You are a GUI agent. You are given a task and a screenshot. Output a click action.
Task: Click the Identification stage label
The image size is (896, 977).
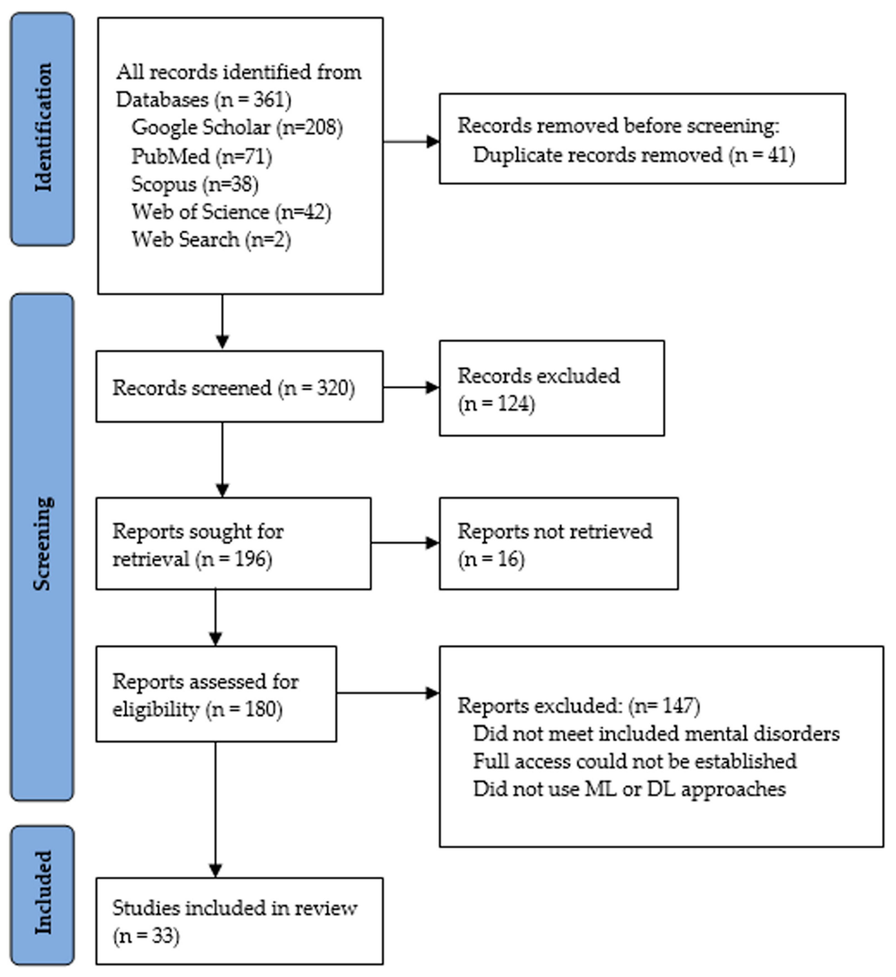click(43, 129)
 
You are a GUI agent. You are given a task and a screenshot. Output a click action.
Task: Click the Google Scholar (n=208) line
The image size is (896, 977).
click(237, 128)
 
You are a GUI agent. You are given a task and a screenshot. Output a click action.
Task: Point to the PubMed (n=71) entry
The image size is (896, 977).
click(202, 156)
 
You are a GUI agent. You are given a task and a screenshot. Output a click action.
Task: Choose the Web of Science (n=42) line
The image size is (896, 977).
click(231, 212)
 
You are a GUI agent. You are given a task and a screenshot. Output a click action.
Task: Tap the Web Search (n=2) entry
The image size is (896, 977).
click(211, 240)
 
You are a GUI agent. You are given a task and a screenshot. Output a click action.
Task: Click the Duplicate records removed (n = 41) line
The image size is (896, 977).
click(634, 155)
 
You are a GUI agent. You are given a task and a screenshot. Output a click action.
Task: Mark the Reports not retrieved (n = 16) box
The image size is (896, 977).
click(558, 544)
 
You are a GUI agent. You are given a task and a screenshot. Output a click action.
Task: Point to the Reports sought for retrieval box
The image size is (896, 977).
click(233, 544)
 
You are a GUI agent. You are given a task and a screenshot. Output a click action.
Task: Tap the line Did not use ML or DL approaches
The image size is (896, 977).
click(629, 789)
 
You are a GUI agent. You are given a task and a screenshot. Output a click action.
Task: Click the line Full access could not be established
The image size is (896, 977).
click(634, 761)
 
